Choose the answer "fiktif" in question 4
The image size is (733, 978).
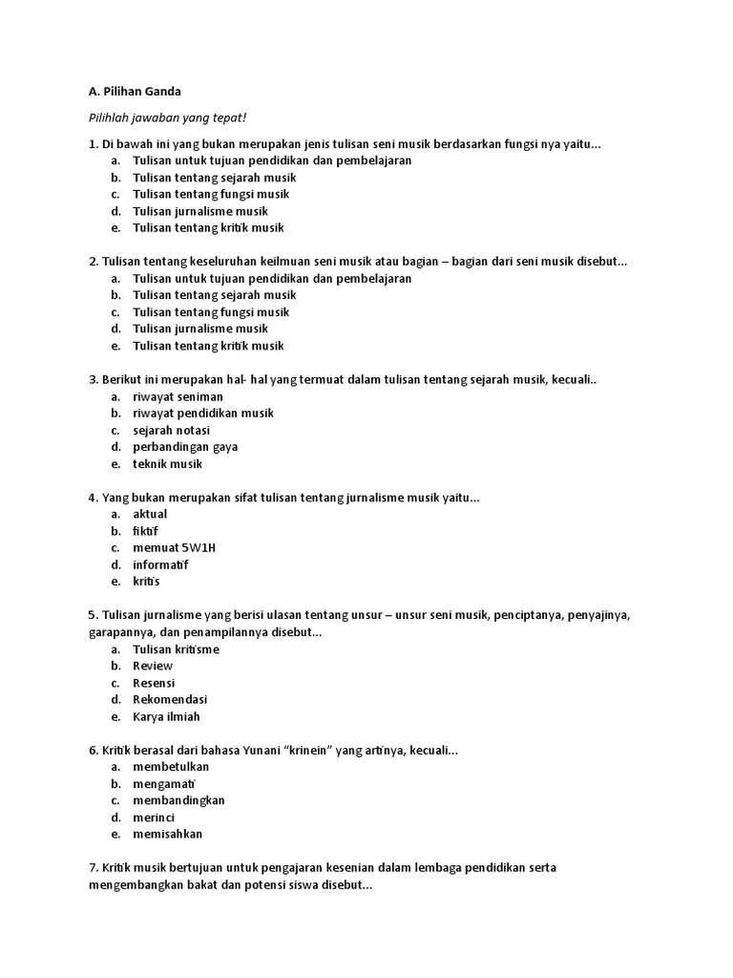(x=146, y=531)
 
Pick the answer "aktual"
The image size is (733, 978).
(x=150, y=514)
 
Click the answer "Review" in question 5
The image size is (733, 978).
(x=153, y=666)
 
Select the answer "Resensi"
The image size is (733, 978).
(x=154, y=683)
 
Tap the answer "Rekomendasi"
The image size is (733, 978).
(x=170, y=700)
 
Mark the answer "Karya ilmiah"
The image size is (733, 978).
(x=167, y=717)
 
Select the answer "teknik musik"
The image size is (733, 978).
(x=168, y=464)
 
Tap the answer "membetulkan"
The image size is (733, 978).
(x=171, y=767)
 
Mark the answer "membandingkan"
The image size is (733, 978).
(x=178, y=800)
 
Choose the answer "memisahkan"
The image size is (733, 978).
(x=168, y=834)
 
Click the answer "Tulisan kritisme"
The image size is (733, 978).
(x=177, y=649)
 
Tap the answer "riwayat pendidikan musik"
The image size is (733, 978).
(x=203, y=414)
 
